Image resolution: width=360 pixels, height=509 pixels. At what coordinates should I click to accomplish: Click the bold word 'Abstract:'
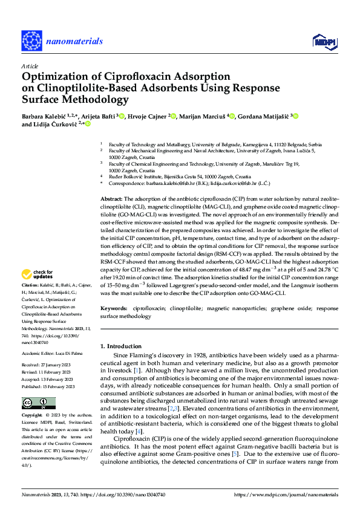[112, 198]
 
